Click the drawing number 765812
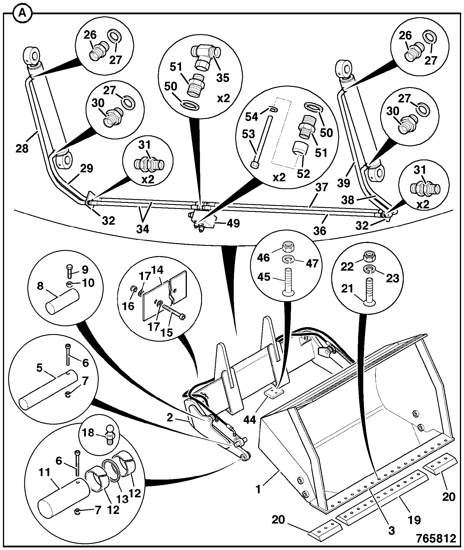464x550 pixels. click(x=436, y=538)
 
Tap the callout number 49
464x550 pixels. click(x=233, y=223)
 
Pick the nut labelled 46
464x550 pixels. click(x=288, y=247)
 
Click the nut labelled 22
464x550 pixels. click(x=370, y=256)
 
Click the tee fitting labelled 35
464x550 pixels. click(x=206, y=57)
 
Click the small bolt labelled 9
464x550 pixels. click(x=69, y=270)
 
